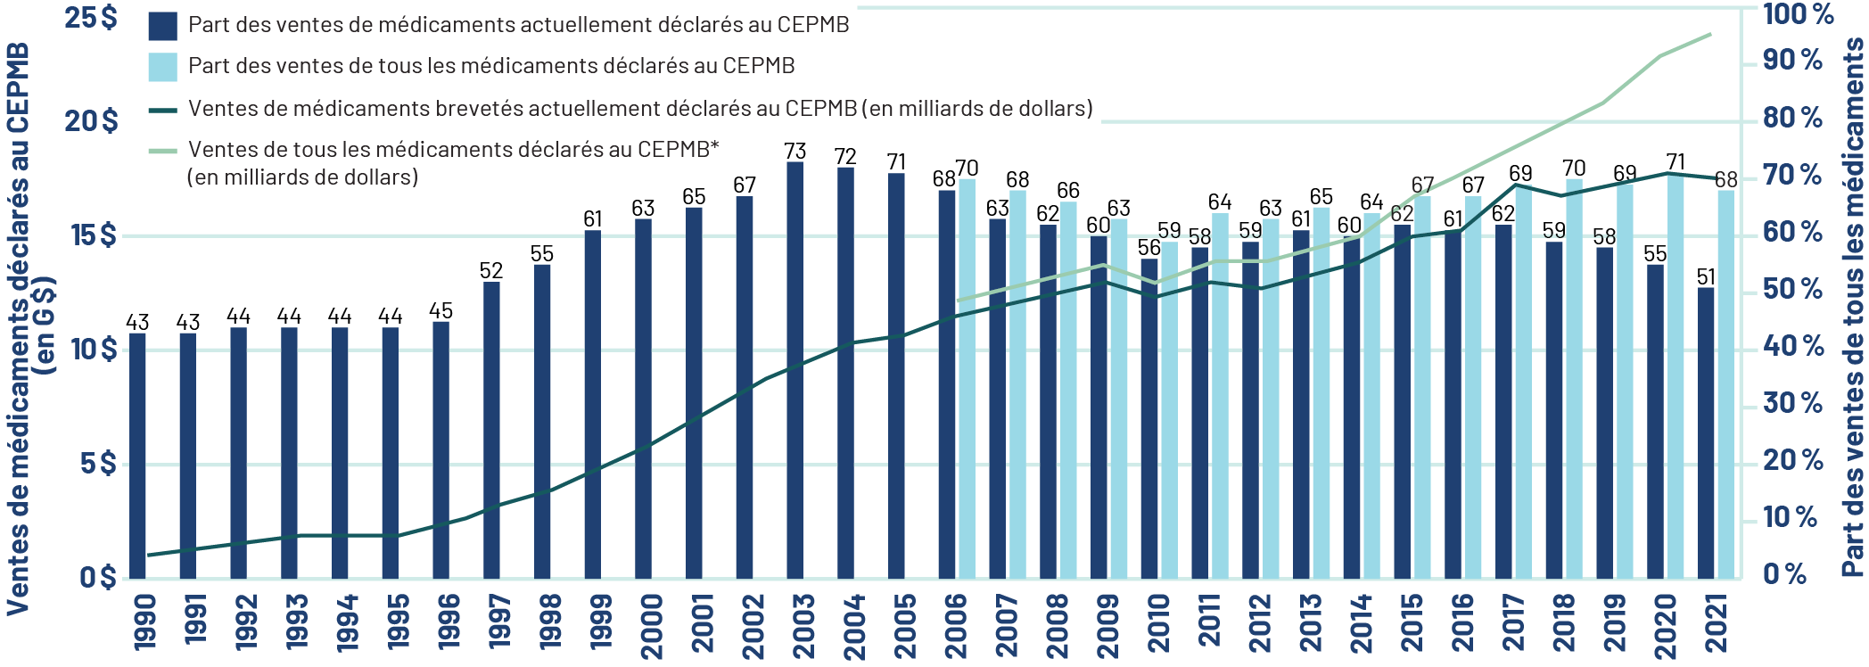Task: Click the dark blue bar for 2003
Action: coord(795,370)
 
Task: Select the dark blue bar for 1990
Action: coord(137,456)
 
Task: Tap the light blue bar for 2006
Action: coord(967,379)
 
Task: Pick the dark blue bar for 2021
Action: coord(1706,433)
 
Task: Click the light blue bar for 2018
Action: coord(1575,379)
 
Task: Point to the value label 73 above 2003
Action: coord(795,151)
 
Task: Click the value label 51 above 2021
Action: coord(1706,276)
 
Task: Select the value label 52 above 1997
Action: coord(491,270)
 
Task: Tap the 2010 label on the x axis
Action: coord(1157,625)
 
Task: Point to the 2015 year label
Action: coord(1411,624)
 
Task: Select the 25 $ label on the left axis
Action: coord(91,18)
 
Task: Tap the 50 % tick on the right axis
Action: coord(1792,289)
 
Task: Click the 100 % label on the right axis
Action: coord(1798,14)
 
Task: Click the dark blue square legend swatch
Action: coord(162,26)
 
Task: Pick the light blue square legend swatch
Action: coord(162,67)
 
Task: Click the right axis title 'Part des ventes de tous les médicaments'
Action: coord(1853,308)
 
